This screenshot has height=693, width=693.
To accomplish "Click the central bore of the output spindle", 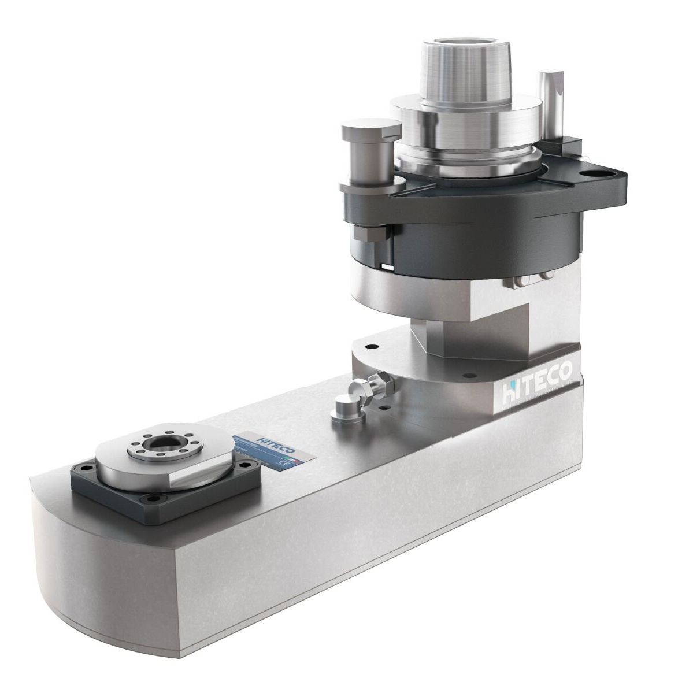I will [157, 444].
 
